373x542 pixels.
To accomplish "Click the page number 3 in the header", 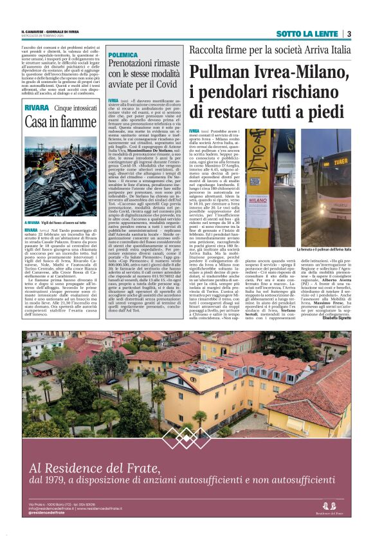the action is click(348, 33).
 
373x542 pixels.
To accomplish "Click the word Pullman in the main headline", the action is click(221, 73).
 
